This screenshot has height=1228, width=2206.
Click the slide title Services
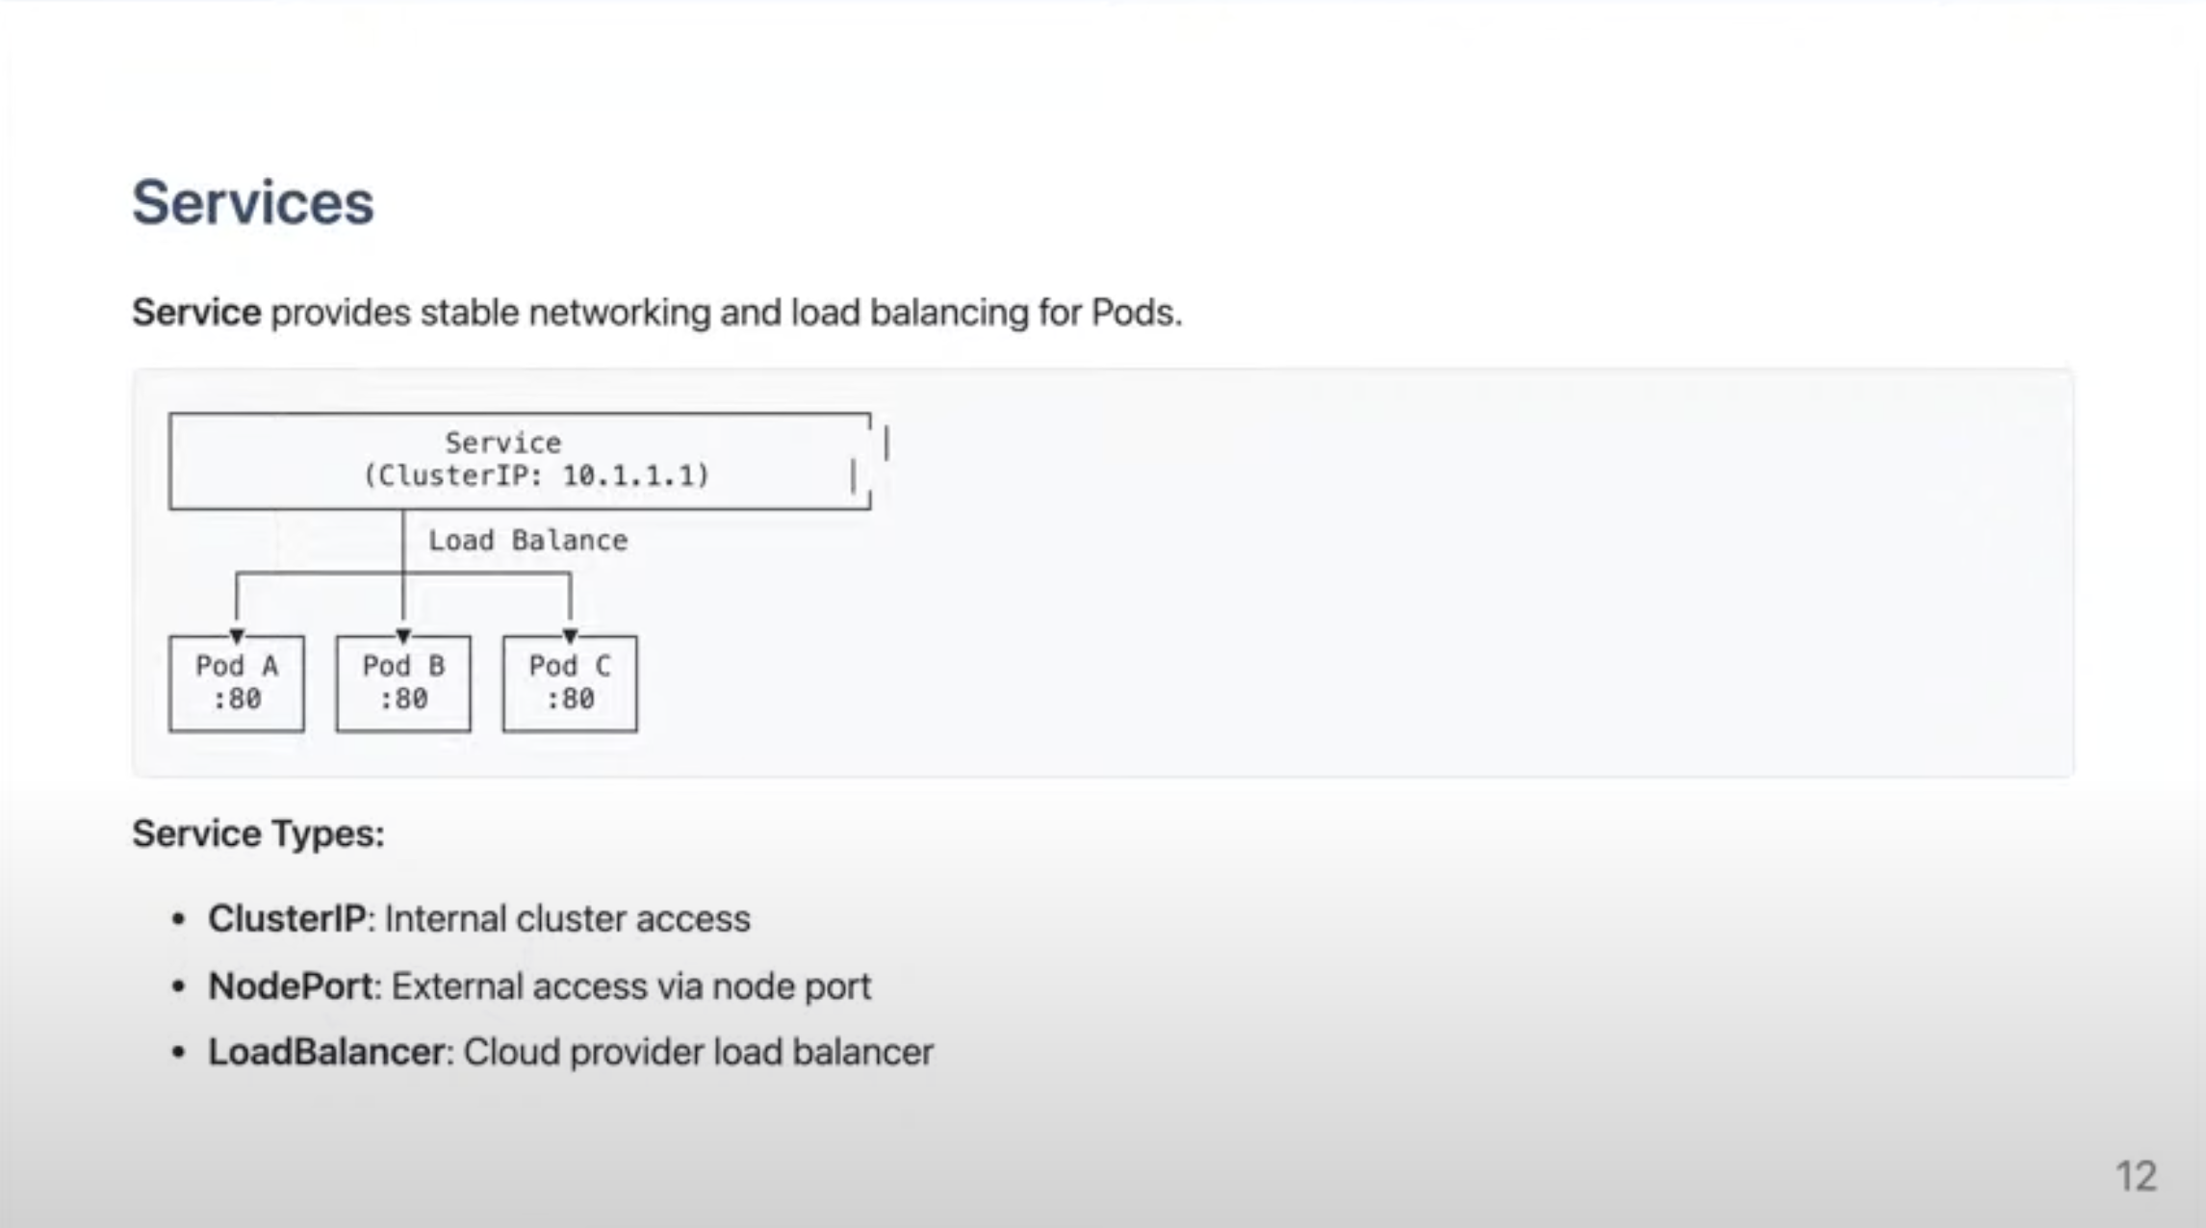pos(252,203)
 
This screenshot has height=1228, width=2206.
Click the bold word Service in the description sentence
pos(196,313)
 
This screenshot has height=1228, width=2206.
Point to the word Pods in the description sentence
pos(1133,313)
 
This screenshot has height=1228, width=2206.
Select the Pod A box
pos(237,683)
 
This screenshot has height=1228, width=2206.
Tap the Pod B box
pos(403,683)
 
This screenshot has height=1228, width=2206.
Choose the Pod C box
pos(570,683)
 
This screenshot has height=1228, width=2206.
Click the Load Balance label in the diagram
pos(527,541)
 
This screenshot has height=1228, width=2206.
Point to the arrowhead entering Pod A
pos(237,636)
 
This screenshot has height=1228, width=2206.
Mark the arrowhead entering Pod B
pos(403,636)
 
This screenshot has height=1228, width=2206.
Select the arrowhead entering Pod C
pos(570,636)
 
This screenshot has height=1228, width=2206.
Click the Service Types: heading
pos(258,833)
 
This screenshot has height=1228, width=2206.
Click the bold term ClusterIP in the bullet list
pos(287,919)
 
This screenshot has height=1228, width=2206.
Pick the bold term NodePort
pos(291,986)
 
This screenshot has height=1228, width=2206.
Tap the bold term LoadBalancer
pos(326,1053)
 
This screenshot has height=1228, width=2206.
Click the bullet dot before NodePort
pos(178,987)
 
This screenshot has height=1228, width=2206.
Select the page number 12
pos(2136,1176)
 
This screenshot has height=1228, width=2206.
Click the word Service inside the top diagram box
pos(502,443)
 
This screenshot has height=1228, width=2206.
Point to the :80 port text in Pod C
pos(570,700)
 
